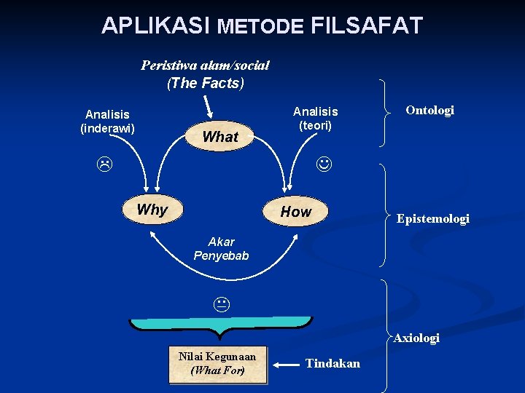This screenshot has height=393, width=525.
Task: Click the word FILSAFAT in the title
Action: (x=366, y=26)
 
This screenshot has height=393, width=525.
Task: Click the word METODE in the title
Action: (x=260, y=27)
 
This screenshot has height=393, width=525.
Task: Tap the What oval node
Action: (x=219, y=136)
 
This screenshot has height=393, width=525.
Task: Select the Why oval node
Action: (x=152, y=210)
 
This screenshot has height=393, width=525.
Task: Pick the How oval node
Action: (x=296, y=212)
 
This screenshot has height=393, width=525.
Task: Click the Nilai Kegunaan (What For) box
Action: (x=217, y=363)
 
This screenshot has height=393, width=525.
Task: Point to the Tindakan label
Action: (x=332, y=363)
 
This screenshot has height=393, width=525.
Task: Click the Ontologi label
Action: (x=429, y=110)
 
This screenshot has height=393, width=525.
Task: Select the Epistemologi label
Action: (x=432, y=218)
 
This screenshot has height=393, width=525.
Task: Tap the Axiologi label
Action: (x=416, y=338)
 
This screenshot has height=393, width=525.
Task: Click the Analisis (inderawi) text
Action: (x=107, y=121)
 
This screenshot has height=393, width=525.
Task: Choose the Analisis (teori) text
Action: (x=315, y=118)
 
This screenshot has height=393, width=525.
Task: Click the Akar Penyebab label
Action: (x=221, y=248)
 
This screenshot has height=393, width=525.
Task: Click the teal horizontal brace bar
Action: (x=219, y=322)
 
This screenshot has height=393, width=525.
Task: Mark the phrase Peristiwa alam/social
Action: (x=205, y=65)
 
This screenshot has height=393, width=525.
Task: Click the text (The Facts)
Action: (x=206, y=83)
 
